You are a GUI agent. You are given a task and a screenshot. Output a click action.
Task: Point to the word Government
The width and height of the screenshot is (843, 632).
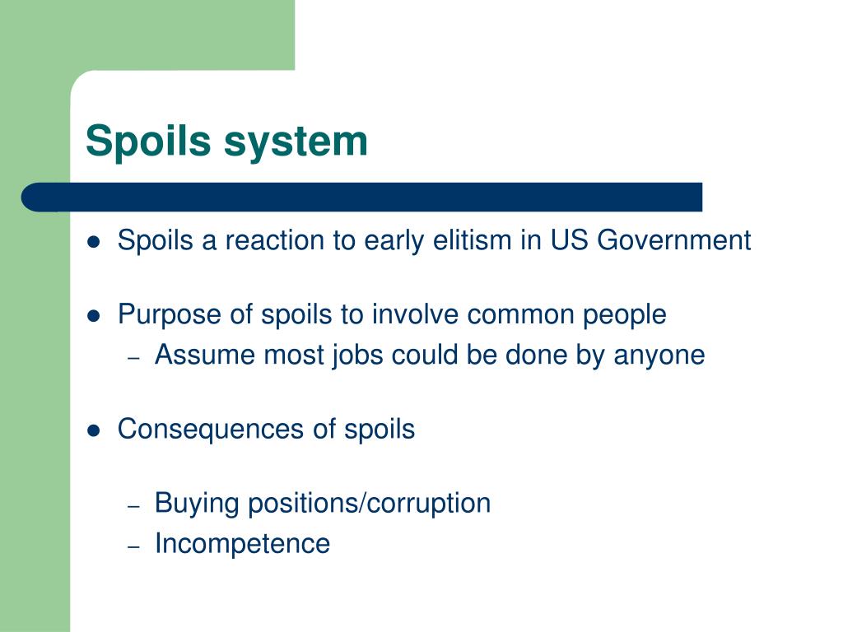click(673, 240)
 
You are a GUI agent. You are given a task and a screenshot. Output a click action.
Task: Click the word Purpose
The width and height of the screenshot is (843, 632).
click(170, 314)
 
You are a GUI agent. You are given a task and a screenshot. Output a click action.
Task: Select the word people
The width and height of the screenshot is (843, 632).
click(623, 314)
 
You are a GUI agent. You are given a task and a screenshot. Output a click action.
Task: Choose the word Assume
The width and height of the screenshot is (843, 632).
click(206, 355)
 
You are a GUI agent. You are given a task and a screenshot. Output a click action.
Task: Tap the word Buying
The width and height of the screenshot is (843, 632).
click(198, 503)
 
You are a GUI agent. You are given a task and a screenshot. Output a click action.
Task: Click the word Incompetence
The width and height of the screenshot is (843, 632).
click(242, 544)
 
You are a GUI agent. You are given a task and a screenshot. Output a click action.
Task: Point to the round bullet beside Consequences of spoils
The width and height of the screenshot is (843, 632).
click(95, 430)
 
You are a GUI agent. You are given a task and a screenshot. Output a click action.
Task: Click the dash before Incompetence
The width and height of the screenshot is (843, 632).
click(136, 546)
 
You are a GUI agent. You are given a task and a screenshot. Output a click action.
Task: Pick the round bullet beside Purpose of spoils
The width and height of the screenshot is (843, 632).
click(95, 316)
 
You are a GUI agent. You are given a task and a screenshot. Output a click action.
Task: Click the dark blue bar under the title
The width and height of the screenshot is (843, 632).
click(362, 197)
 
